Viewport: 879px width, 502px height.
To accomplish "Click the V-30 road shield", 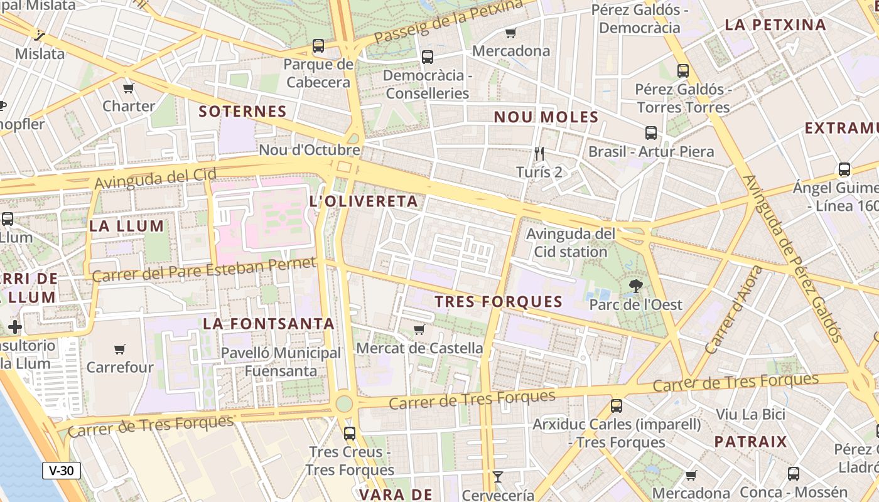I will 62,471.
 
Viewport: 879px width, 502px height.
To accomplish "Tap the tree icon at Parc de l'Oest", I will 635,287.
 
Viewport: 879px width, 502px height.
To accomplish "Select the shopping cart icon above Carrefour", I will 119,349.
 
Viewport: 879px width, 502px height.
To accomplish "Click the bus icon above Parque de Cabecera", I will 318,46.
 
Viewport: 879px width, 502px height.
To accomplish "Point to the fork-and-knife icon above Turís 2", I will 539,153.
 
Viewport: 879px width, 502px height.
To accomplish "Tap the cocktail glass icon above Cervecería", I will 497,477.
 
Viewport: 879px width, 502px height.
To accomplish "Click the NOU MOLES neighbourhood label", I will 546,117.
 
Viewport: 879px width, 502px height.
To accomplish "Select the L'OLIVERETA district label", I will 364,201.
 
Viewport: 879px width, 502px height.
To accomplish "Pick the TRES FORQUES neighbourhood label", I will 499,302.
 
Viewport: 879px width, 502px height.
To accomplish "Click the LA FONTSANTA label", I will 269,324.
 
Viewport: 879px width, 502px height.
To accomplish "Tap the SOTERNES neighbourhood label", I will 242,112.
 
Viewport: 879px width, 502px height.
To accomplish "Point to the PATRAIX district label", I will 750,441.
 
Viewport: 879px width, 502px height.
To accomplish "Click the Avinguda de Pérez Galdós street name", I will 792,258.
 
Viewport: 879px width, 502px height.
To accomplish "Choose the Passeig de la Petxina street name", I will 448,21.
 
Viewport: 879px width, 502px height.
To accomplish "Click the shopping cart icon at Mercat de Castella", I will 419,329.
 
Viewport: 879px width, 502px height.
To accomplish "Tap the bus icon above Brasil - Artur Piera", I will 650,133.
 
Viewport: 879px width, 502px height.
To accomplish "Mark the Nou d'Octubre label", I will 310,150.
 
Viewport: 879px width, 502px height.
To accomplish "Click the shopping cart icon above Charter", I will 129,88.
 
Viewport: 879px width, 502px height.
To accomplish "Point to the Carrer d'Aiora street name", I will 734,309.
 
